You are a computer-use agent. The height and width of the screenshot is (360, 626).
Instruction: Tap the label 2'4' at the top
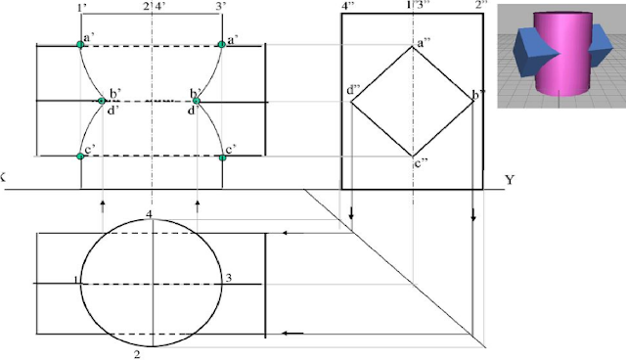(x=155, y=7)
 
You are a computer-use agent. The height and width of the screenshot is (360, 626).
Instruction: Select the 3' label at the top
(x=222, y=7)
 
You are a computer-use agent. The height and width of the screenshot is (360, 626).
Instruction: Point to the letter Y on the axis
(x=510, y=180)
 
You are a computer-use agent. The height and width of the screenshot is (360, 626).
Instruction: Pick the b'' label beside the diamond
(x=478, y=96)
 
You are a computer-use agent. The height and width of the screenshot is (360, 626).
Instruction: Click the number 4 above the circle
(x=149, y=213)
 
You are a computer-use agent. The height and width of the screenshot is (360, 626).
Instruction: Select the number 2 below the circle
(x=137, y=354)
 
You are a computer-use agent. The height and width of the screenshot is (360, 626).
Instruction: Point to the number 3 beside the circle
(x=228, y=279)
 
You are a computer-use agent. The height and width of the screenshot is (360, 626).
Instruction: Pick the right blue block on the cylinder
(x=593, y=55)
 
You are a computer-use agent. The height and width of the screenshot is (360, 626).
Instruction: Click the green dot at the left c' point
(x=81, y=156)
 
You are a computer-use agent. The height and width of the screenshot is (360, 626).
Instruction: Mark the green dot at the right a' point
(x=222, y=45)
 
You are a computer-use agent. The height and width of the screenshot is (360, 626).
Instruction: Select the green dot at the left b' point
(x=102, y=100)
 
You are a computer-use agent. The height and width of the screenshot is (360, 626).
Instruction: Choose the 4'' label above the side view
(x=348, y=7)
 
